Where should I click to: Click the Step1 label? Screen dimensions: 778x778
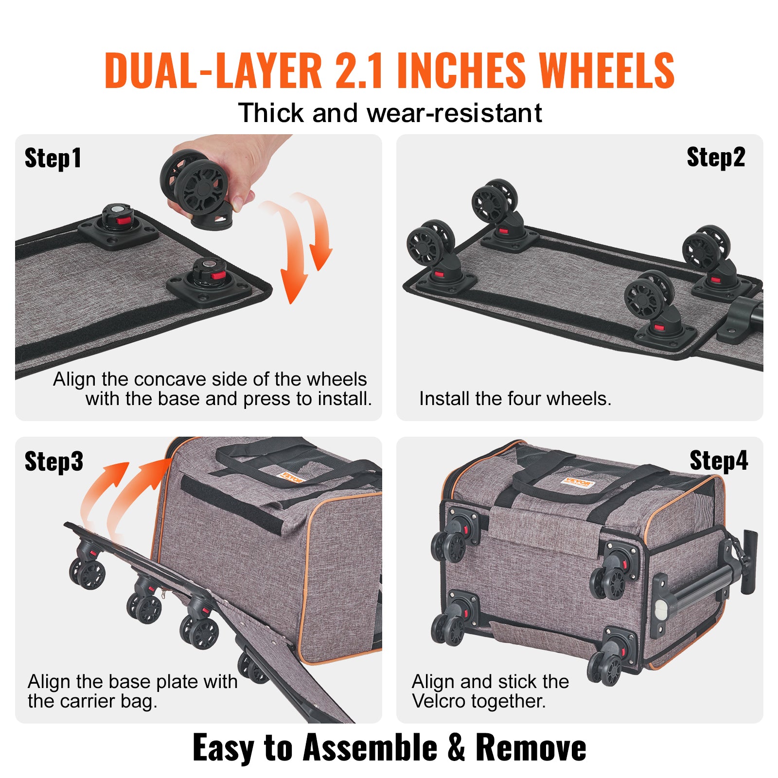(x=53, y=159)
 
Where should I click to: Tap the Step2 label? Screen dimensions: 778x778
(x=715, y=158)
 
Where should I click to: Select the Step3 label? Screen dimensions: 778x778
(x=53, y=461)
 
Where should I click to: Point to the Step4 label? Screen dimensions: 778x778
(x=718, y=460)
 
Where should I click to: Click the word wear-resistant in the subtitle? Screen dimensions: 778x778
(x=454, y=113)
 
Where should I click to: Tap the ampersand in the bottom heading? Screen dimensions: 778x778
(x=456, y=747)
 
